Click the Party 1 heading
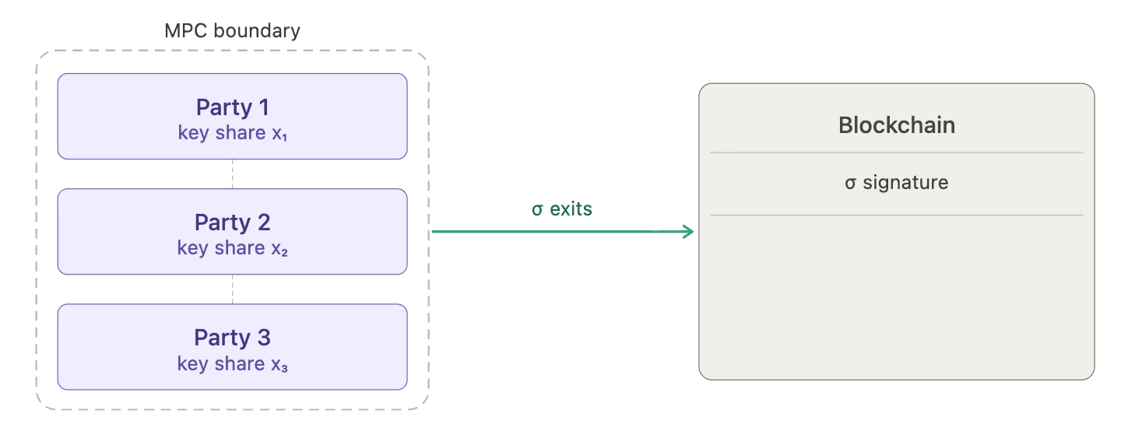tap(232, 107)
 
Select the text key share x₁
tap(232, 133)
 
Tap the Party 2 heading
tap(232, 223)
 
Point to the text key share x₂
tap(232, 248)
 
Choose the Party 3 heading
tap(232, 338)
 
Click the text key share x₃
tap(232, 363)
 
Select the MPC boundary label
tap(232, 31)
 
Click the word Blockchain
tap(896, 124)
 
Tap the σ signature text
tap(896, 183)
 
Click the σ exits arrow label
tap(561, 209)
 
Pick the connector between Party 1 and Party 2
tap(233, 174)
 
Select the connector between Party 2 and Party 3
tap(233, 289)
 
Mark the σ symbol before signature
tap(850, 184)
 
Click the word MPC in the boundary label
tap(182, 31)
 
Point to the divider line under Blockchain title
tap(896, 152)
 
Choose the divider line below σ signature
tap(896, 215)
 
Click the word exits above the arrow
tap(571, 209)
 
